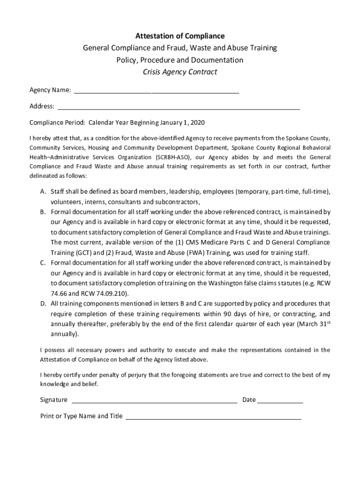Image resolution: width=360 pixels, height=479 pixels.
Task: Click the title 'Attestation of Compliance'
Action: tap(180, 36)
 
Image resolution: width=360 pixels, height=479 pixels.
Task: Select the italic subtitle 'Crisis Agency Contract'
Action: tap(180, 72)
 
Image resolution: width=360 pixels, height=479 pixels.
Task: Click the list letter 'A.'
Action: tap(43, 192)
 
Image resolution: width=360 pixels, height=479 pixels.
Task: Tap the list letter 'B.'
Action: tap(43, 212)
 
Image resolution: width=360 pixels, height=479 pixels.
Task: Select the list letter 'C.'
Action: tap(43, 263)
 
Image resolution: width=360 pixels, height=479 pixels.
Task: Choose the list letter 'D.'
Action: tap(43, 304)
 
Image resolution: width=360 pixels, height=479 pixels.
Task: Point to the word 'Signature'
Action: tap(54, 400)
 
